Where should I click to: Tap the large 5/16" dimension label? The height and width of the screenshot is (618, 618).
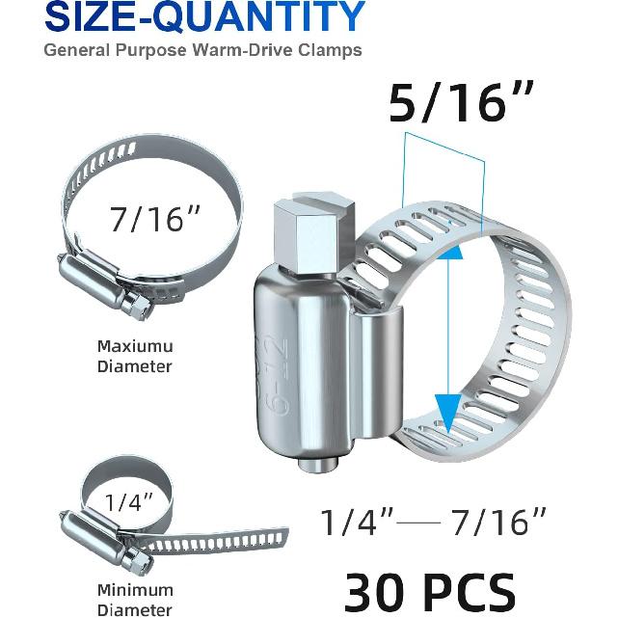[x=447, y=104]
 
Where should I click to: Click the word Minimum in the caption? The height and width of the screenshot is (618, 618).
[x=135, y=589]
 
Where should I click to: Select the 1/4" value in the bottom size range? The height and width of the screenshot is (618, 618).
[x=357, y=524]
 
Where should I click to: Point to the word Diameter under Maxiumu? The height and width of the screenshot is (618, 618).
[x=135, y=366]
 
